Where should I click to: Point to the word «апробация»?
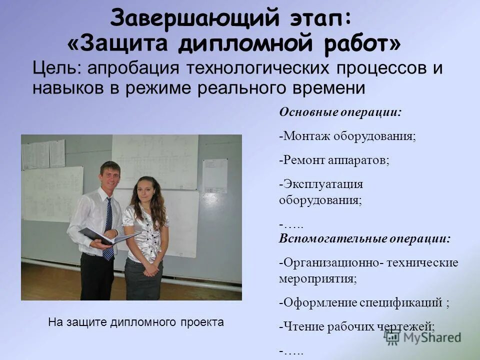pos(132,68)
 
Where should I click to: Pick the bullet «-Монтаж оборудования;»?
pos(347,136)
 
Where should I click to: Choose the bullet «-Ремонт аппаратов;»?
pos(334,160)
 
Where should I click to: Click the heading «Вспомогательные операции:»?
pos(364,238)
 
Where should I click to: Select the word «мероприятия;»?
pos(318,278)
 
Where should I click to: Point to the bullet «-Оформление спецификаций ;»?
pos(364,302)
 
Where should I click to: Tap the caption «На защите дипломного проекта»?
pos(136,322)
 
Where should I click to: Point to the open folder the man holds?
pos(107,236)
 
